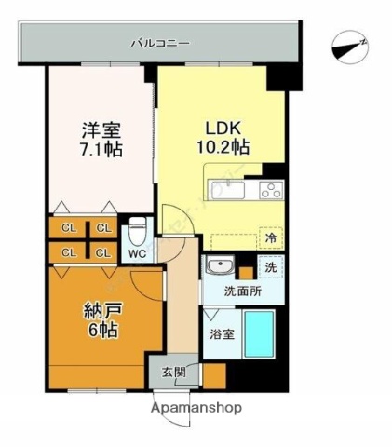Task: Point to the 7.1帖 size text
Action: [x=101, y=150]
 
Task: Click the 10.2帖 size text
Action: [x=220, y=148]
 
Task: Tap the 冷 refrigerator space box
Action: [x=269, y=237]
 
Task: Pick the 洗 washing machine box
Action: [x=270, y=267]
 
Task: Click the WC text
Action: [x=136, y=252]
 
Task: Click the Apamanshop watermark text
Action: [x=197, y=407]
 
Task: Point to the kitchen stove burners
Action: [x=270, y=192]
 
